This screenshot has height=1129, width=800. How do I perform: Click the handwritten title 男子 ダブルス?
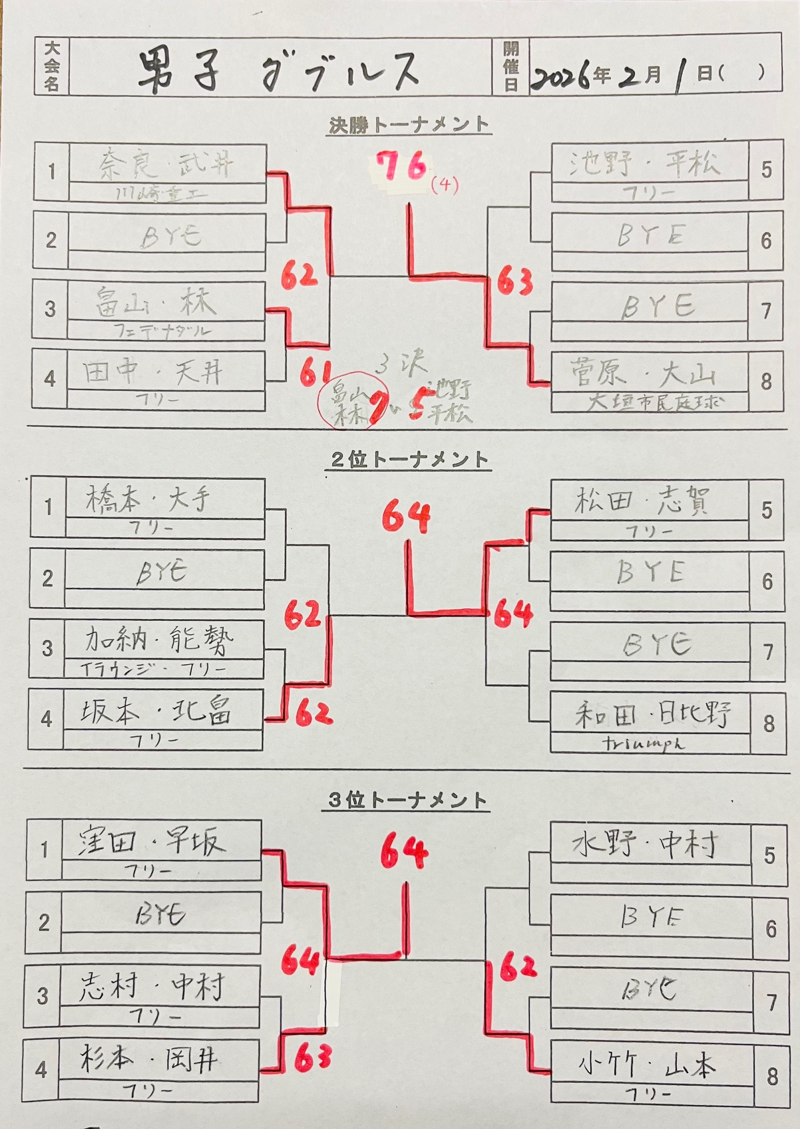tap(280, 69)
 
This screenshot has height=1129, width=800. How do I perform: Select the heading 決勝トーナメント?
tap(409, 124)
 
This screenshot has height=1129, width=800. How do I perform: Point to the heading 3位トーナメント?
tap(408, 800)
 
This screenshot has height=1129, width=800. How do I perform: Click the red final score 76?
tap(401, 167)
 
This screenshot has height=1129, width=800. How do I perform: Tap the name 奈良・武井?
tap(166, 163)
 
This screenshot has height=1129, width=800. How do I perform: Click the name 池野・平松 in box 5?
tap(644, 162)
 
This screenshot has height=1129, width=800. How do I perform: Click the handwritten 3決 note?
tap(401, 364)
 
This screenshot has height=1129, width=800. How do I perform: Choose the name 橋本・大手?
tap(148, 499)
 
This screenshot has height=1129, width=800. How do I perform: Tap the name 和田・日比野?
tap(652, 714)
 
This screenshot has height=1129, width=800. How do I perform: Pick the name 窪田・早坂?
tap(152, 842)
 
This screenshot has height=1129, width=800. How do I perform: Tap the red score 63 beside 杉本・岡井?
tap(313, 1058)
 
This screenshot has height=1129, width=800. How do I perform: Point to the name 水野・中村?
tap(645, 844)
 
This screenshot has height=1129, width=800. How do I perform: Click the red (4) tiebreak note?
tap(444, 184)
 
